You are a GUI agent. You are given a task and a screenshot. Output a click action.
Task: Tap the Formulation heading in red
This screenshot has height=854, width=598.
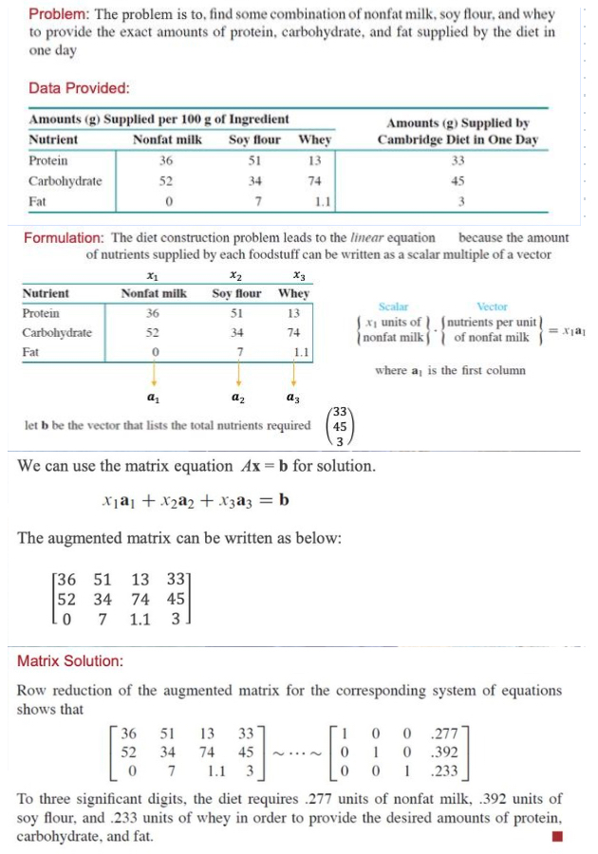tap(63, 237)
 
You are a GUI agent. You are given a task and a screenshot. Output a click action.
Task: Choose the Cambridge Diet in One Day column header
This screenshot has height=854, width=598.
tap(458, 131)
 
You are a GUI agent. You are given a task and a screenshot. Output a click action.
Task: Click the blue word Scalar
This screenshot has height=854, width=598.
tap(393, 306)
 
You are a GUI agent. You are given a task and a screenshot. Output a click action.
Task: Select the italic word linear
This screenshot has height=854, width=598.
tap(380, 237)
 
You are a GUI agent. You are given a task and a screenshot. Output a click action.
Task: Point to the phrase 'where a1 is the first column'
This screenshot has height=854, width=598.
tap(451, 369)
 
